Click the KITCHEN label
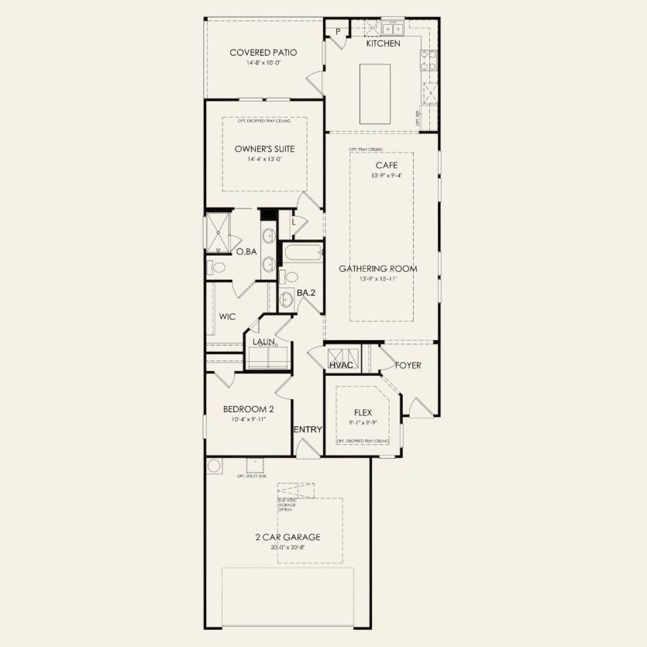pos(383,43)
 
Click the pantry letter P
pos(339,32)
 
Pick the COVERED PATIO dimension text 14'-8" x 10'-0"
pos(263,63)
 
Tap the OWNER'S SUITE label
pos(263,149)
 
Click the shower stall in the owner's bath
pos(219,232)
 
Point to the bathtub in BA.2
pos(301,253)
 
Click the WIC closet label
pos(227,316)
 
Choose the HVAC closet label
pos(342,365)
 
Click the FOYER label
pos(408,365)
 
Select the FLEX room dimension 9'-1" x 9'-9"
pos(363,423)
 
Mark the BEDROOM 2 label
pos(247,409)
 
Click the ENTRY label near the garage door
pos(307,429)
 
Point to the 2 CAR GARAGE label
pos(288,537)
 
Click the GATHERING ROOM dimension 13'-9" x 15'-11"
pos(377,279)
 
